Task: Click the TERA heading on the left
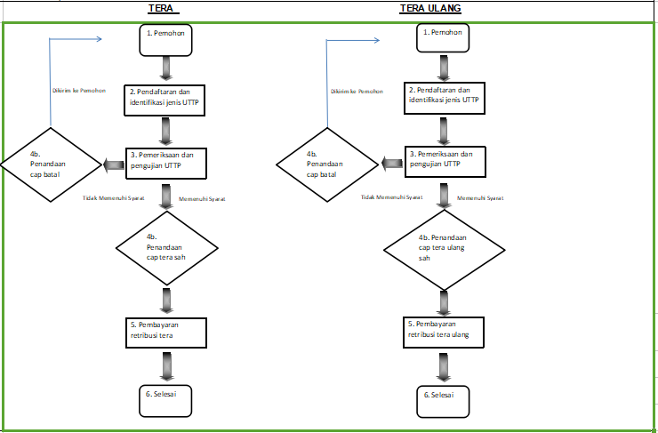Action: pyautogui.click(x=161, y=8)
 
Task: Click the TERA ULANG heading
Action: pyautogui.click(x=430, y=8)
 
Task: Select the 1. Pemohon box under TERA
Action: pyautogui.click(x=165, y=40)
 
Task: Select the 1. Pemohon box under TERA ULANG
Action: pyautogui.click(x=443, y=38)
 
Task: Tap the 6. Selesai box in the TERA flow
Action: pyautogui.click(x=165, y=401)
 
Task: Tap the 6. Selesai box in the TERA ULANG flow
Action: pyautogui.click(x=443, y=402)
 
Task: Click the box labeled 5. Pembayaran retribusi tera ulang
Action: pyautogui.click(x=444, y=333)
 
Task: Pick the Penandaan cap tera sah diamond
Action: pyautogui.click(x=167, y=248)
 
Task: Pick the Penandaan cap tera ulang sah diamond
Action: pyautogui.click(x=444, y=250)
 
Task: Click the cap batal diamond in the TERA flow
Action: pyautogui.click(x=51, y=164)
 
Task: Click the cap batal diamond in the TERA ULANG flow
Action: pyautogui.click(x=327, y=164)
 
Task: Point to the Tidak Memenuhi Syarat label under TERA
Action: pyautogui.click(x=113, y=198)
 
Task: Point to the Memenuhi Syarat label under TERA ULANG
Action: pyautogui.click(x=480, y=198)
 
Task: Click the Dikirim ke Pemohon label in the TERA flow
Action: pyautogui.click(x=79, y=90)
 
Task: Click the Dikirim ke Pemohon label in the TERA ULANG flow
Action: pyautogui.click(x=357, y=91)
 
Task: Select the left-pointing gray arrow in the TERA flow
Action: pyautogui.click(x=113, y=164)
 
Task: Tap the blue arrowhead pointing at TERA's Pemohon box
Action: pyautogui.click(x=99, y=39)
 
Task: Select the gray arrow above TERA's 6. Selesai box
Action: pyautogui.click(x=166, y=365)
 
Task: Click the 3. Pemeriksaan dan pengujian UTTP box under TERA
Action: pyautogui.click(x=166, y=164)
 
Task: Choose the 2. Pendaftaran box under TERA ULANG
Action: pyautogui.click(x=445, y=98)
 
